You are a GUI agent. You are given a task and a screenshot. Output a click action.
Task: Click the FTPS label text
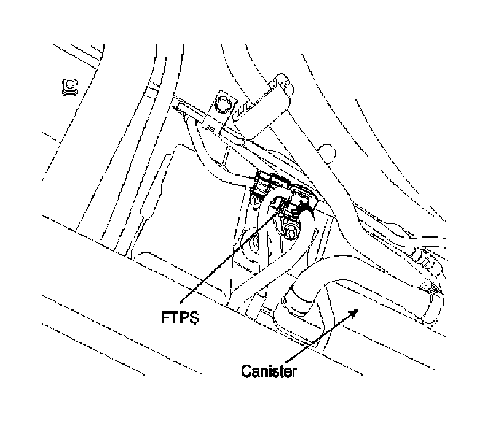180,319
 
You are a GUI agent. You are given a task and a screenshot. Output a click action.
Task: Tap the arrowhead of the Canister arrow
355,311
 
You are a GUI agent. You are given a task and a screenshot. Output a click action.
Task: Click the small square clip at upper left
68,87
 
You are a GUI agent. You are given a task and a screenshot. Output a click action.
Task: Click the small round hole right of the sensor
329,154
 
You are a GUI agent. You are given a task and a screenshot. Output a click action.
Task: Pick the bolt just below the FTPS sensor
290,233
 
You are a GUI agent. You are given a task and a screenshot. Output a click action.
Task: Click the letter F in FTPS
164,319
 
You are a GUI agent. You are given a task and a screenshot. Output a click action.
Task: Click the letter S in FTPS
195,319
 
